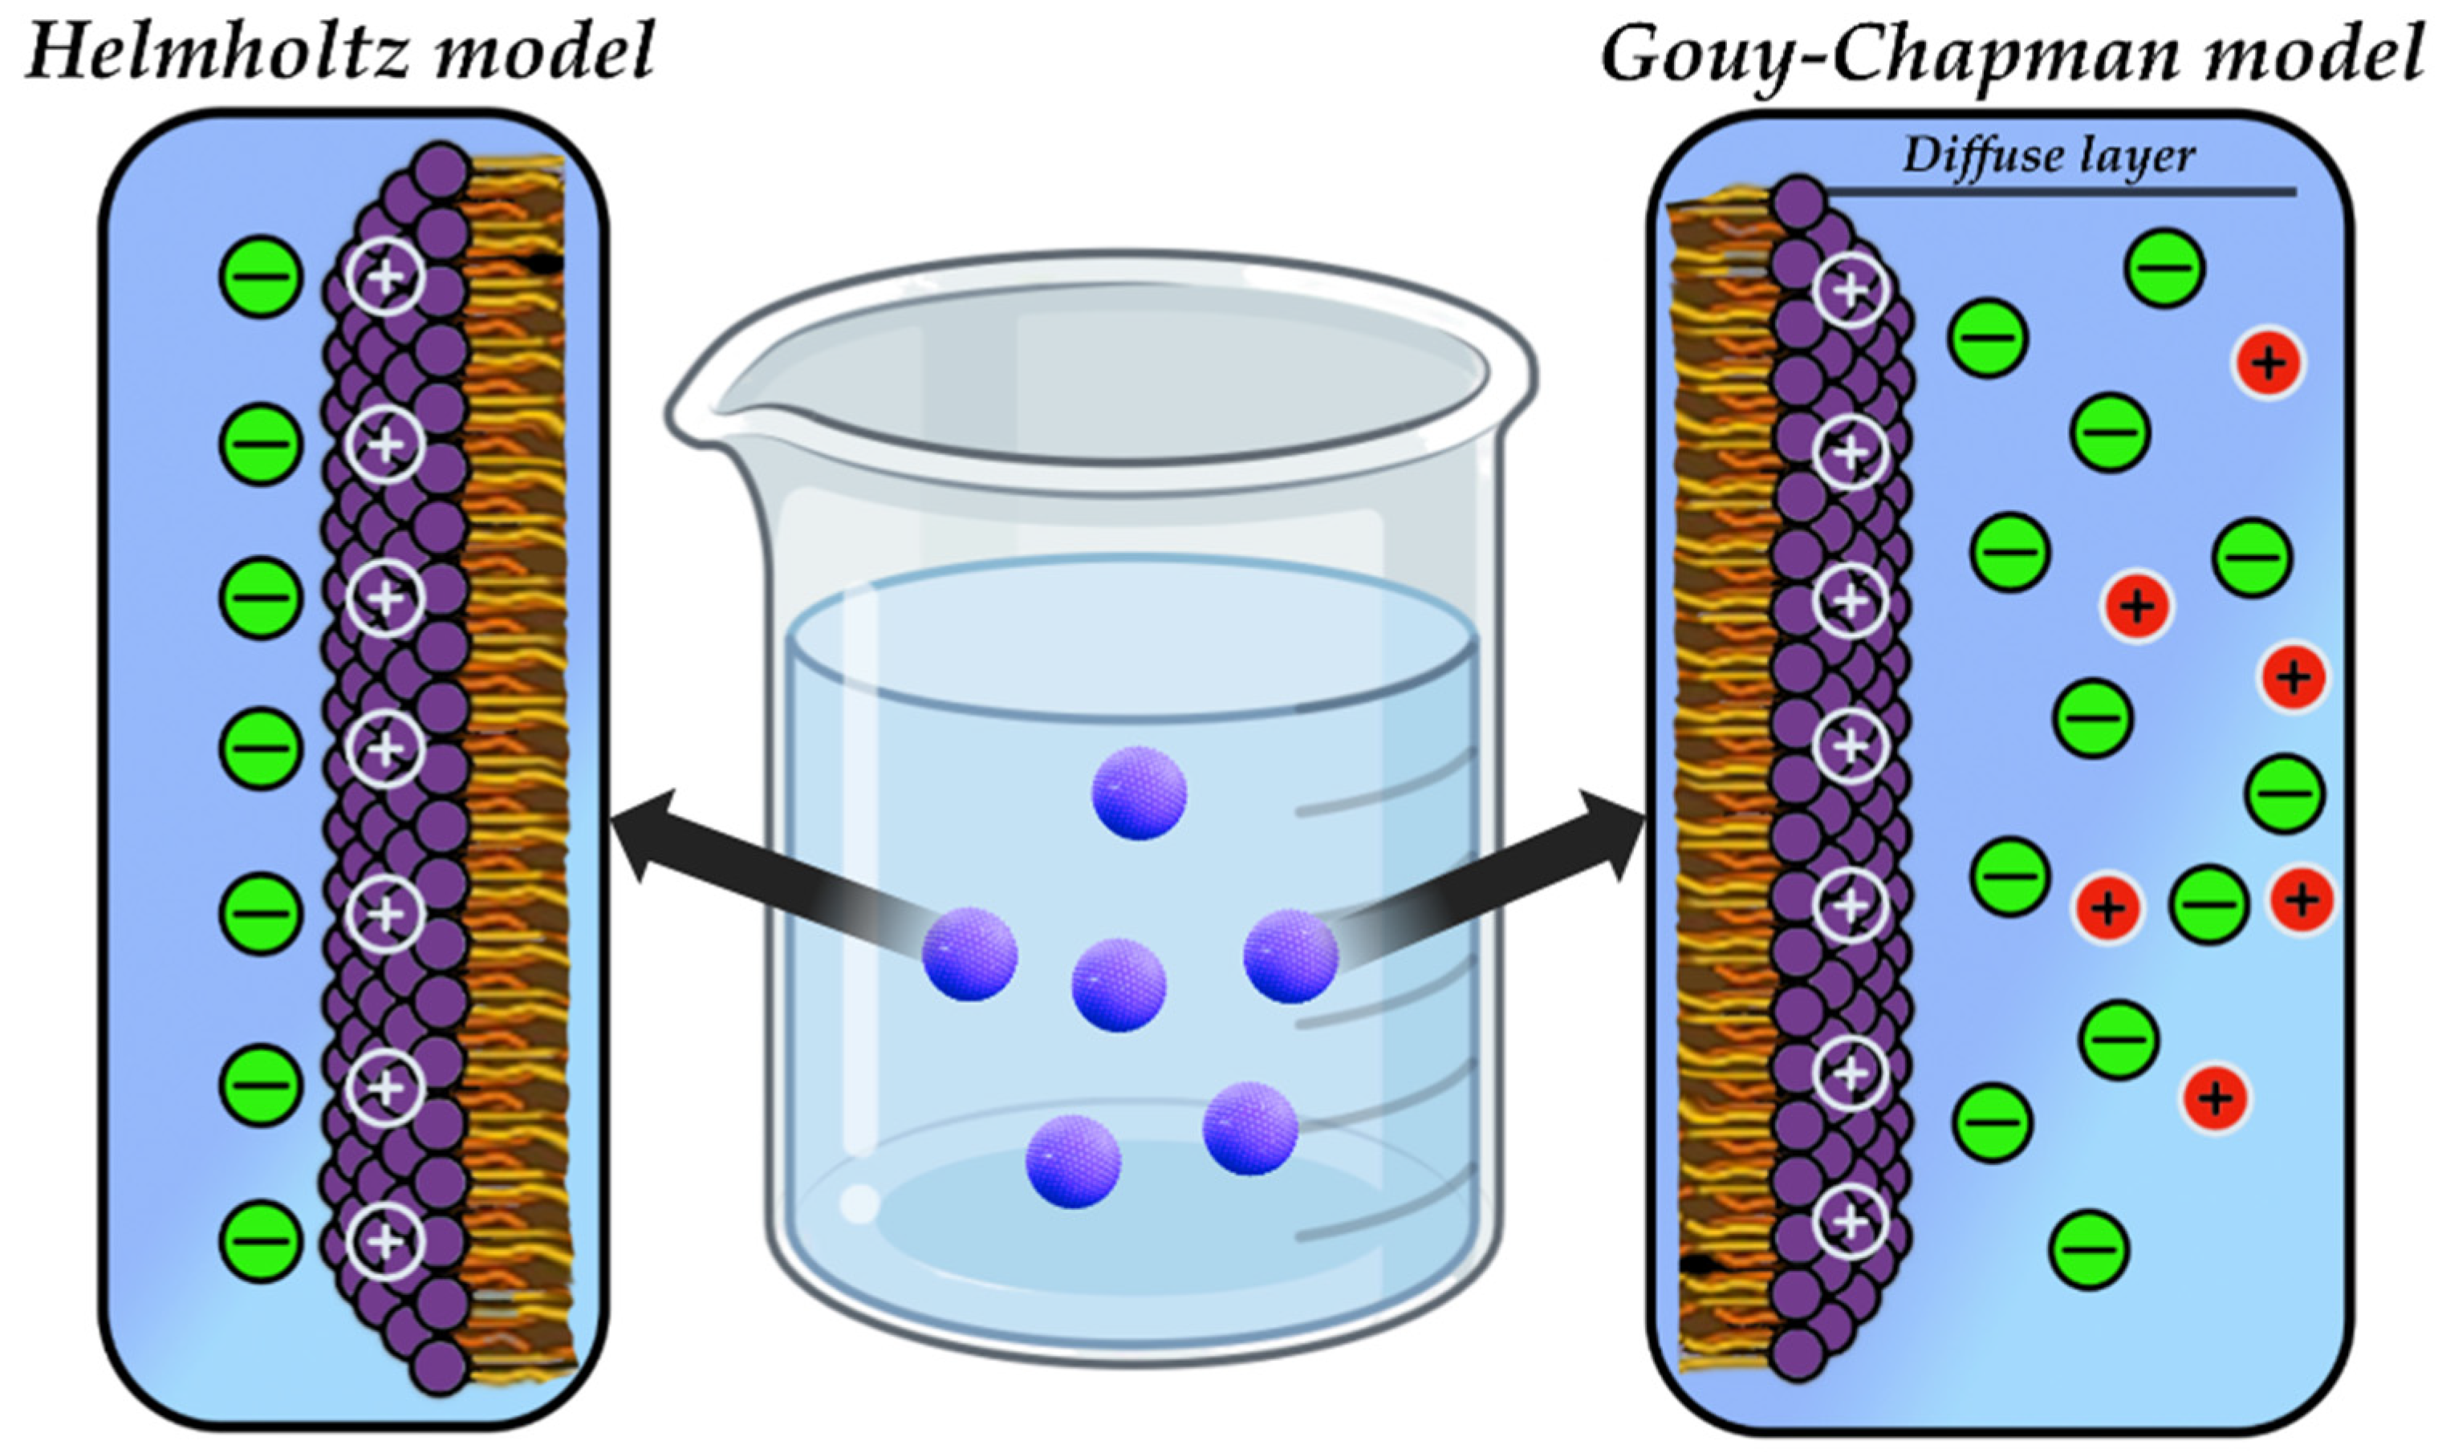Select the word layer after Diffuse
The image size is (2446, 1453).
click(2131, 156)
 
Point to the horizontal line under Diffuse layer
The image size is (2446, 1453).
click(2056, 192)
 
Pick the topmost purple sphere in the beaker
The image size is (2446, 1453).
click(1139, 792)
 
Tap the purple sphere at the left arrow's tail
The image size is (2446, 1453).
click(969, 954)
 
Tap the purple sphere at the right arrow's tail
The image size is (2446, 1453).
click(1290, 956)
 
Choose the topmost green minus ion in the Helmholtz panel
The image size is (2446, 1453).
click(259, 277)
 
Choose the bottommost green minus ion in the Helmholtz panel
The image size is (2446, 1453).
click(259, 1240)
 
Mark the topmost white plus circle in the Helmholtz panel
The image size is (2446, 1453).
click(385, 277)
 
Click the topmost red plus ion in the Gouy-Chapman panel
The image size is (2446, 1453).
click(2269, 363)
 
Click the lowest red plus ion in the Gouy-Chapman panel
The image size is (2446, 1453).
click(2215, 1098)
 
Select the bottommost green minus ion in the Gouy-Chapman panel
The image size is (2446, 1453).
click(2089, 1249)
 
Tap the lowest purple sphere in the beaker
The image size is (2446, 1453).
click(1072, 1161)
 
